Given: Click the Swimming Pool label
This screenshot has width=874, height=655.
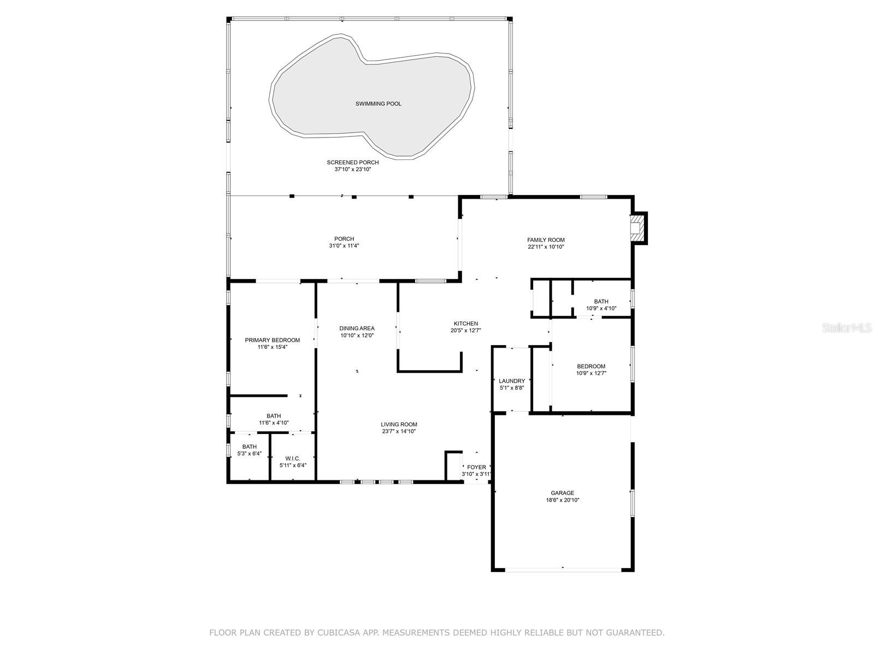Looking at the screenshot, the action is click(x=378, y=104).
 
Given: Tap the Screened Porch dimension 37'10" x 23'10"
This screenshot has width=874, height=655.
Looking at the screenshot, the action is click(x=352, y=169).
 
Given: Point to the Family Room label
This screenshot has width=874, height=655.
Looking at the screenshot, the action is click(x=546, y=240).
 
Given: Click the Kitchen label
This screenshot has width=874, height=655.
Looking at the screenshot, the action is click(x=466, y=323).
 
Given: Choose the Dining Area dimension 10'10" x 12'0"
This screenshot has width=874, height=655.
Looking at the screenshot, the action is click(x=357, y=335).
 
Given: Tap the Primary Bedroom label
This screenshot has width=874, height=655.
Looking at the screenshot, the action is click(x=273, y=340).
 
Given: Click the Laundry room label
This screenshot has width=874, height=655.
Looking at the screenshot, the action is click(x=512, y=381).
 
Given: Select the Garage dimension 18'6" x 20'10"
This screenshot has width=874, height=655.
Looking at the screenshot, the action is click(x=562, y=500).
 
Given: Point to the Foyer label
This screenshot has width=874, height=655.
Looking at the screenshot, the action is click(x=476, y=467).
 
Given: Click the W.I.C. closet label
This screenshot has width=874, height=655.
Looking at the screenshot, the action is click(x=293, y=458).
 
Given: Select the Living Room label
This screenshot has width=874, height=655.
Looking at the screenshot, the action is click(x=399, y=424).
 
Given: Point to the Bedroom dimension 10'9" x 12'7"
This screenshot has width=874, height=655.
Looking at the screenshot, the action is click(x=591, y=373).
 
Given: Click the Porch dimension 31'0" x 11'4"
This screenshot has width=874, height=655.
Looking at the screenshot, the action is click(x=344, y=246).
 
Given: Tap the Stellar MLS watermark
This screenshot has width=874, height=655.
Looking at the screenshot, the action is click(x=846, y=327).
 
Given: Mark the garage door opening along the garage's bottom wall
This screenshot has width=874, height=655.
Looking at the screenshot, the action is click(x=563, y=569).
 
